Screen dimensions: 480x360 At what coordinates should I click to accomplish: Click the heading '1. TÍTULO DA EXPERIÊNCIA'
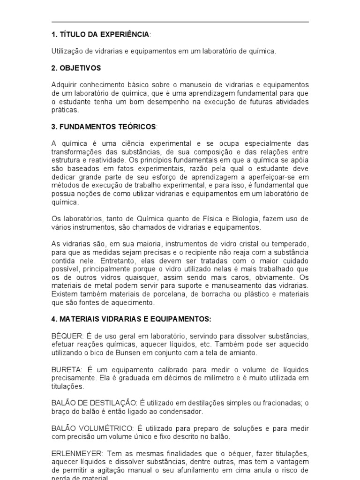coord(100,34)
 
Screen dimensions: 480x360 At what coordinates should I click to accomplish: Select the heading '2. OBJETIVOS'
coord(76,68)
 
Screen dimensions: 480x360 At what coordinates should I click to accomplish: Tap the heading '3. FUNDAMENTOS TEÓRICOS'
coord(104,127)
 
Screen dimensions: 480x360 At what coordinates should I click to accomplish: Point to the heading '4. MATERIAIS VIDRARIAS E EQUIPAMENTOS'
coord(131,319)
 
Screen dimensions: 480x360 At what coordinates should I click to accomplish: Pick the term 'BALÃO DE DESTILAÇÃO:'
coord(94,404)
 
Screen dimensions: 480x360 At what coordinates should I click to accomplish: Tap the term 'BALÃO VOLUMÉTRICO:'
coord(91,429)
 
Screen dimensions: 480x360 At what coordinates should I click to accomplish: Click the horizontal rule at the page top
coord(180,22)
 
